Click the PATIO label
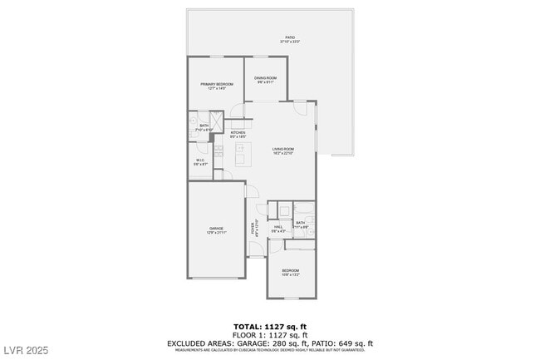(x=290, y=37)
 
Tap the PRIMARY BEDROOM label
(x=217, y=84)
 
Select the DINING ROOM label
(x=266, y=78)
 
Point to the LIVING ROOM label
(x=283, y=149)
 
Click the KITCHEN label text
(x=238, y=132)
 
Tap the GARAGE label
(x=217, y=228)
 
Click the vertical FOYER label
(x=253, y=226)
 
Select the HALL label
(x=278, y=226)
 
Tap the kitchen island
(x=242, y=153)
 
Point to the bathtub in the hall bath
(x=305, y=209)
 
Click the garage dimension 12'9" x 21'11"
(x=217, y=233)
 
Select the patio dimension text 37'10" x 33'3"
(x=290, y=42)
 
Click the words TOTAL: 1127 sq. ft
(x=270, y=327)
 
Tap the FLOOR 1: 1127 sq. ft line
(x=270, y=335)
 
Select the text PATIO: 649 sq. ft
(x=343, y=343)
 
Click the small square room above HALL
(x=283, y=210)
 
